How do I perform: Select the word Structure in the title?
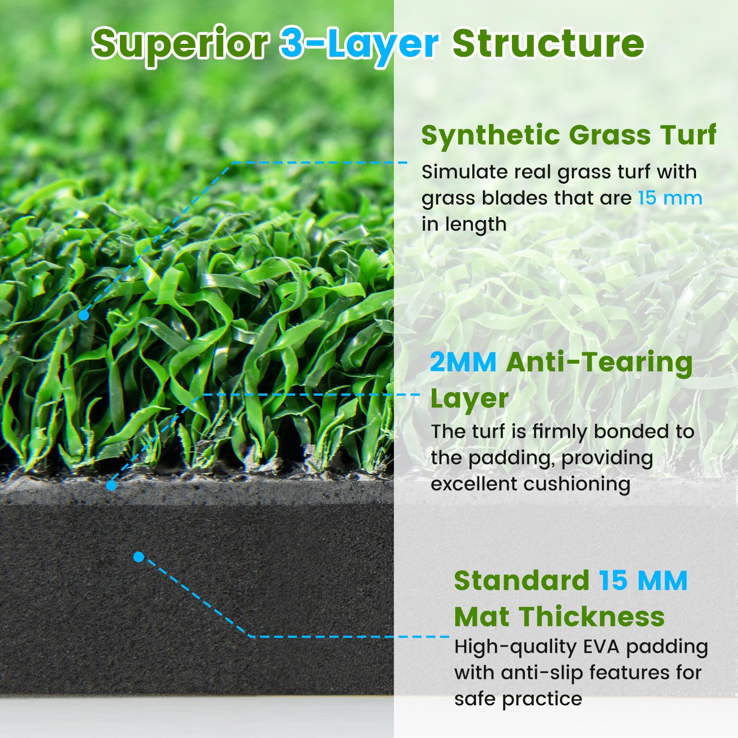(x=548, y=43)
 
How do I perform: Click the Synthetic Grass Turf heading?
(x=569, y=135)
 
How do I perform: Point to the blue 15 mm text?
(x=670, y=198)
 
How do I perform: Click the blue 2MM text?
(x=463, y=362)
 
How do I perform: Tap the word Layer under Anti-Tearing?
(x=469, y=399)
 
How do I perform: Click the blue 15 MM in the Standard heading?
(x=643, y=580)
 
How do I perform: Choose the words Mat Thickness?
(x=559, y=616)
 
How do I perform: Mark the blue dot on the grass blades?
(x=83, y=315)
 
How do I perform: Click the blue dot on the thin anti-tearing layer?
(x=111, y=486)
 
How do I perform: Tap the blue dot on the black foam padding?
(x=138, y=557)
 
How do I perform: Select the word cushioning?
(x=577, y=485)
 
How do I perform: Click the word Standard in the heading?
(x=522, y=580)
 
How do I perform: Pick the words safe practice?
(x=518, y=699)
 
